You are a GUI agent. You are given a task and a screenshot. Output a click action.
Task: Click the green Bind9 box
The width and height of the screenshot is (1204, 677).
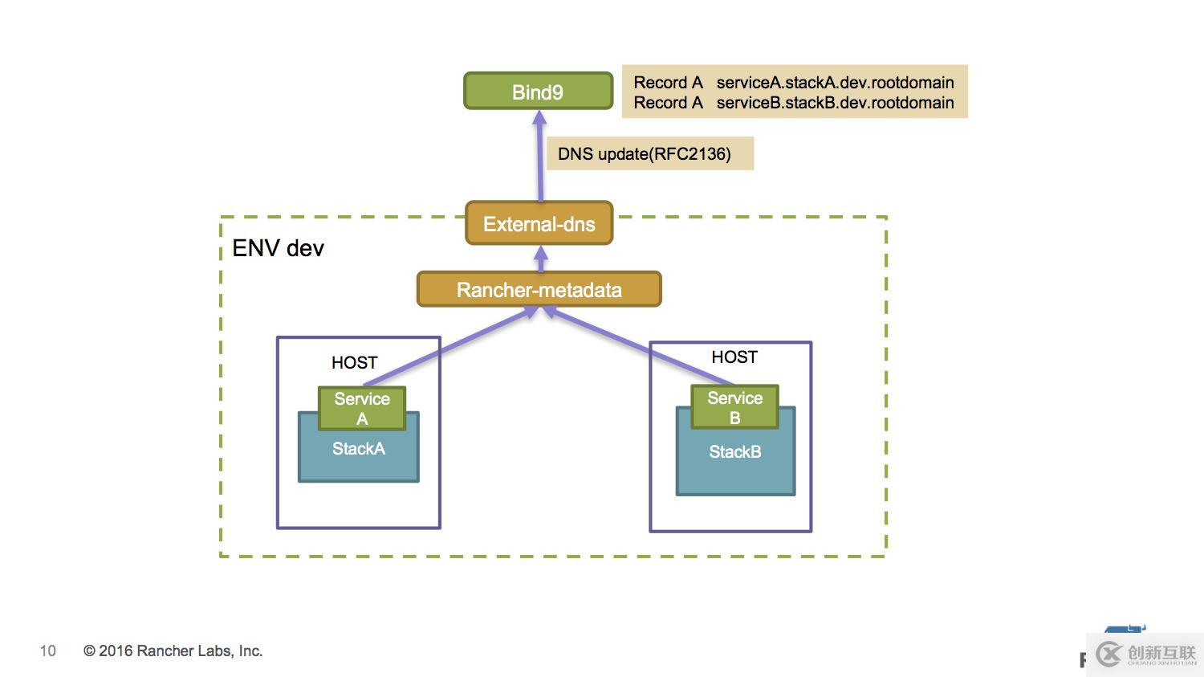[538, 92]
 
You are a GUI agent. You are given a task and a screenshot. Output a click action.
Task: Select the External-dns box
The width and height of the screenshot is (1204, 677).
[539, 223]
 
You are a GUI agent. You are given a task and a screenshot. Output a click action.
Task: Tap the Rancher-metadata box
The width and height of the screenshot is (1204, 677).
[539, 289]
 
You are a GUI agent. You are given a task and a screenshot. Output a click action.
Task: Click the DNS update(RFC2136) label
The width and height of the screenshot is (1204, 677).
[645, 153]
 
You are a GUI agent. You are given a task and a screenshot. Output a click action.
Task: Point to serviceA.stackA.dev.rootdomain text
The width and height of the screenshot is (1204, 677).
[835, 82]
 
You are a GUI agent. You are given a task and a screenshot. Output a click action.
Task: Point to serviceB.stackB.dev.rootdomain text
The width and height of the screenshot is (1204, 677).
[835, 103]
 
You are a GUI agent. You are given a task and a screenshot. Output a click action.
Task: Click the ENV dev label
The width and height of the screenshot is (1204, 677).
[278, 247]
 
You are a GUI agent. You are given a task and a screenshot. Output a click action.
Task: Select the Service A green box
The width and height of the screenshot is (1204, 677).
[362, 408]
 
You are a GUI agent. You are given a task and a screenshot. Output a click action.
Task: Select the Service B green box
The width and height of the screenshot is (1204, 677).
[734, 407]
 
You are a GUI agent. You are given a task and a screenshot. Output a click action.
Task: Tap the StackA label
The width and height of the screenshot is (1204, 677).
[359, 449]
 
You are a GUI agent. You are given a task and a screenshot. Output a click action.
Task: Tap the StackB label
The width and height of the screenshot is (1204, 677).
[734, 452]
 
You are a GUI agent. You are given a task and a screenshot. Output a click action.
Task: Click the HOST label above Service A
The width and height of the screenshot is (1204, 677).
[354, 362]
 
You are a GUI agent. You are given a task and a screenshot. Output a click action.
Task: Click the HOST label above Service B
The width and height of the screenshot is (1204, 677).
[734, 357]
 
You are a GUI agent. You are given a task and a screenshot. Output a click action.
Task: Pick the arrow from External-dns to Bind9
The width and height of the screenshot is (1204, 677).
[540, 161]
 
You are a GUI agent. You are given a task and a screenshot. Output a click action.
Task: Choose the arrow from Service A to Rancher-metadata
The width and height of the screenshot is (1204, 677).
[449, 348]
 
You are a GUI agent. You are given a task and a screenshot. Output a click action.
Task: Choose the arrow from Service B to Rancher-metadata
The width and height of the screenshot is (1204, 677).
[642, 348]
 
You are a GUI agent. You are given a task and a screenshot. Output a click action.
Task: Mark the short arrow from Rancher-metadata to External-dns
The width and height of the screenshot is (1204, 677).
[541, 259]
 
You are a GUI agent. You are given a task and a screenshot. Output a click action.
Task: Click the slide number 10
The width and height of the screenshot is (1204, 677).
[48, 650]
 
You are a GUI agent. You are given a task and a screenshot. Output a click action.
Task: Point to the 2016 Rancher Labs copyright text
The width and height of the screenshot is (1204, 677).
[173, 650]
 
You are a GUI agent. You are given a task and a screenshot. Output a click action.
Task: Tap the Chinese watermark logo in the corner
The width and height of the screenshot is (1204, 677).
[1145, 654]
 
